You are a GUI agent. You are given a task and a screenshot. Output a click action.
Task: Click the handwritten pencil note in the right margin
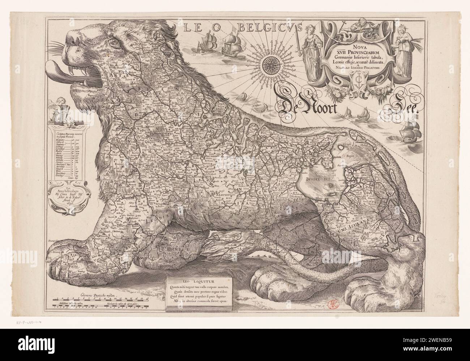point(441,298)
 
